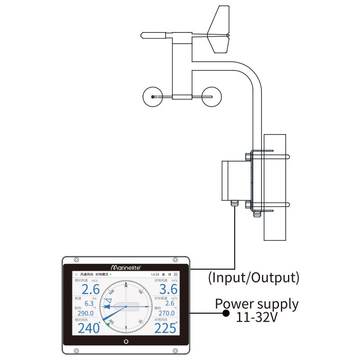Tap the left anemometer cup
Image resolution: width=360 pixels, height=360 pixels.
click(153, 97)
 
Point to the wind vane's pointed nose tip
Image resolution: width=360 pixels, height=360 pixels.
click(143, 34)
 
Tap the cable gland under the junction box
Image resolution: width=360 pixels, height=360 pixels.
click(234, 204)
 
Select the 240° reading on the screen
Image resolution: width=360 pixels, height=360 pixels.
click(89, 328)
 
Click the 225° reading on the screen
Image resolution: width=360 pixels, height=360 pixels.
click(166, 328)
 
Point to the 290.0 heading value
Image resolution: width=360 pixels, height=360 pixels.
click(85, 313)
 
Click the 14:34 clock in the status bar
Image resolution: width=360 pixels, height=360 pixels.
click(155, 274)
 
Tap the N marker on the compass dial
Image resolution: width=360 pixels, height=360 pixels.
click(126, 285)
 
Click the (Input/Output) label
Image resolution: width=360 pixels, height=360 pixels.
click(253, 277)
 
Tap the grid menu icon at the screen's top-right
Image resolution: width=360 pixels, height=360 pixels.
click(175, 274)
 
